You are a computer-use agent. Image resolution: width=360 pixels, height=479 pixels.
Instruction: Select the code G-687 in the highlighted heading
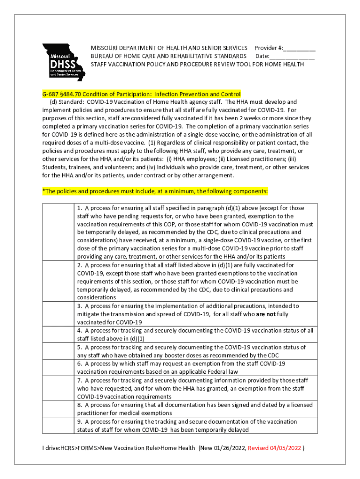[x=51, y=94]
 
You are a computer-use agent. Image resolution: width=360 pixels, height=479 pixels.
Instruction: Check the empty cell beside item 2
[x=58, y=281]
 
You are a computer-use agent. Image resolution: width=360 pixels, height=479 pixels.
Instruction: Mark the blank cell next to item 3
[x=58, y=314]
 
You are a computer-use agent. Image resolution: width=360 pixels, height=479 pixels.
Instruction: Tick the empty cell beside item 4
[x=58, y=334]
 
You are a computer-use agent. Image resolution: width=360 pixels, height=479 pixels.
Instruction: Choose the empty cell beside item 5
[x=58, y=351]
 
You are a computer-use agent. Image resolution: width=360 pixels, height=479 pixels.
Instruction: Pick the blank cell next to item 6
[x=58, y=367]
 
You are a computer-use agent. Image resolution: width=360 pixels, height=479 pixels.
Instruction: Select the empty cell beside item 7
[x=58, y=388]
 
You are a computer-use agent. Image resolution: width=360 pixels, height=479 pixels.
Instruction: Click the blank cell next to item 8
[x=58, y=409]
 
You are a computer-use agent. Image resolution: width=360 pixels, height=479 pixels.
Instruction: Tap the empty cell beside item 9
[x=58, y=426]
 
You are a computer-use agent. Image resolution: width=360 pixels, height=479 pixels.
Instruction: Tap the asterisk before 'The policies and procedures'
[x=43, y=191]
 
